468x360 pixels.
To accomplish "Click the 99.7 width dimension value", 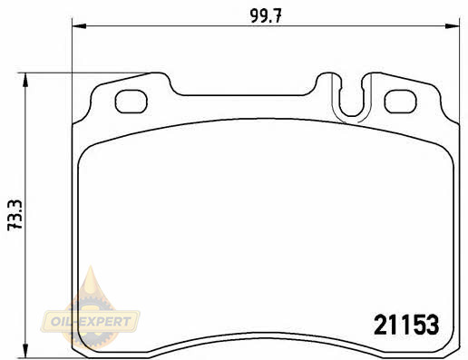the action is [x=266, y=15].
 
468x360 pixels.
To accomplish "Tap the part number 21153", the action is [x=406, y=325].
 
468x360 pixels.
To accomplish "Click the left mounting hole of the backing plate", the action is [x=131, y=102].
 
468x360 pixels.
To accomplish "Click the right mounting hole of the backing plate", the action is [x=400, y=102].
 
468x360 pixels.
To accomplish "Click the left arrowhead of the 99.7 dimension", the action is [x=79, y=26].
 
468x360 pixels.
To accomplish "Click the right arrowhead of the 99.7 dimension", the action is [x=453, y=26].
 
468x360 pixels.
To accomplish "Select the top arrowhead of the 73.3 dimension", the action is [x=25, y=80].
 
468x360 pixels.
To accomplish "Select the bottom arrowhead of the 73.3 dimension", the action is [x=25, y=350].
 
